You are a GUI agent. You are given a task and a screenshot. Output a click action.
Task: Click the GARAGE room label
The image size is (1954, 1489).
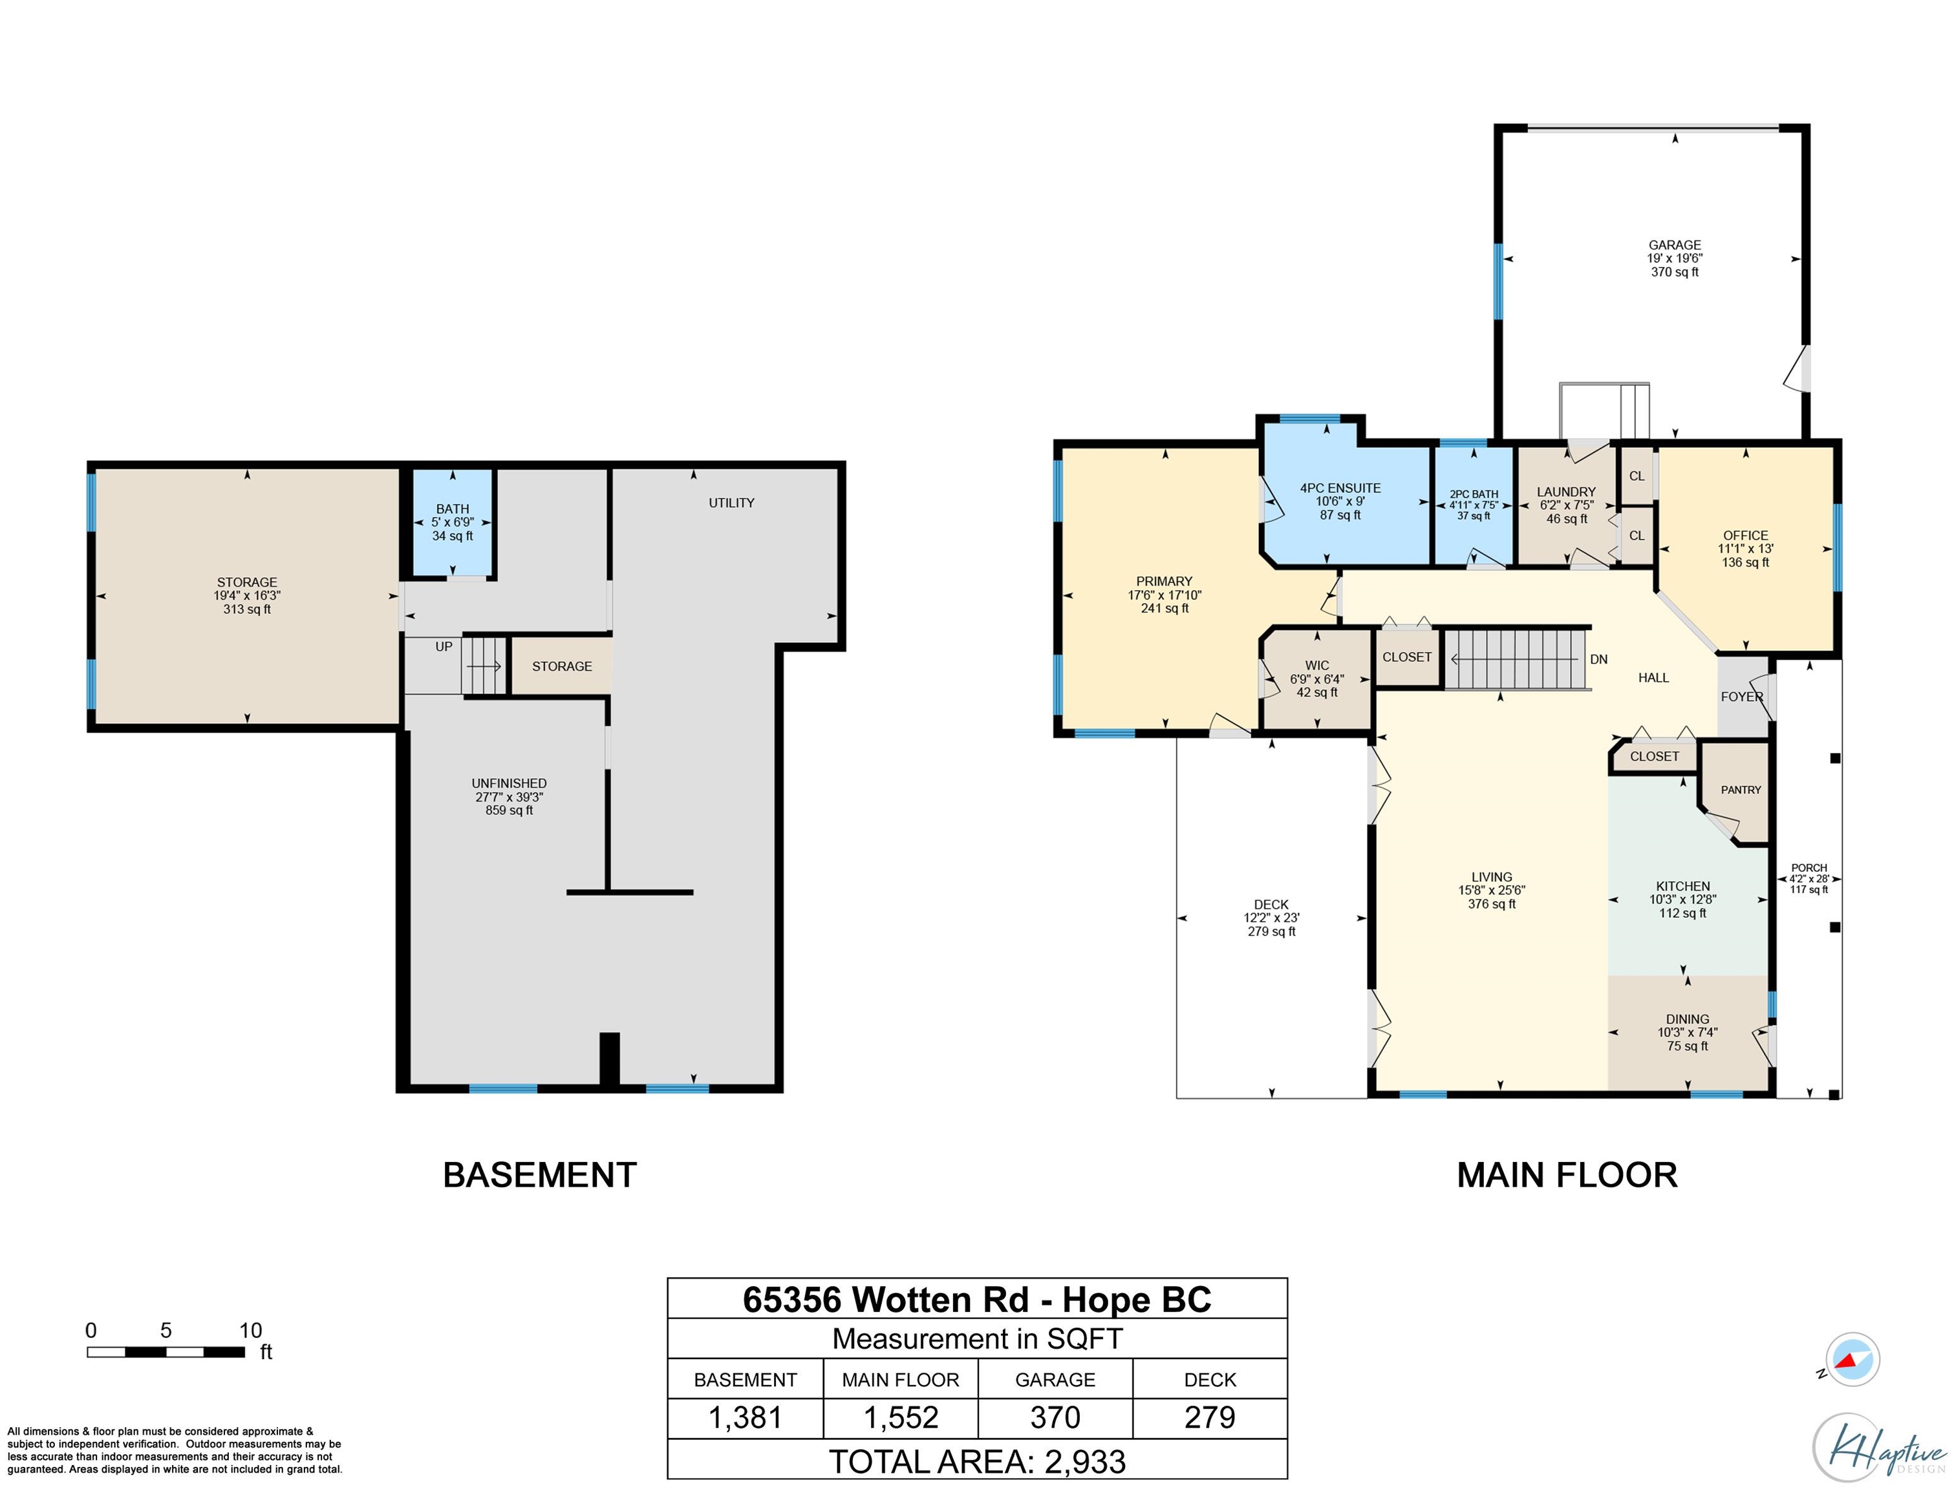coord(1674,245)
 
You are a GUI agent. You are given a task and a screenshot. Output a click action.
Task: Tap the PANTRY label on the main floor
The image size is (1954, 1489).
coord(1741,790)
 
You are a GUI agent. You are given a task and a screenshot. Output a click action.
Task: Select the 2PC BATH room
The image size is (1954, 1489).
coord(1474,505)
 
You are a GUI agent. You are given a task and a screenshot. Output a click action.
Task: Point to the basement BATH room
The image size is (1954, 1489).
coord(452,523)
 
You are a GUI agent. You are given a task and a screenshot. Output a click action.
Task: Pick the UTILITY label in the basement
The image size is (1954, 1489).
coord(731,503)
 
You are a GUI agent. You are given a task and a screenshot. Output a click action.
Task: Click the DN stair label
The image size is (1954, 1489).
coord(1598,659)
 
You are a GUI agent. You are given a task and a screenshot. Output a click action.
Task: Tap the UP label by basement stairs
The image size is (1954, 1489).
coord(444,646)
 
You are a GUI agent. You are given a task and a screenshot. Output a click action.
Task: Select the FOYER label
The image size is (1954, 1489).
coord(1742,697)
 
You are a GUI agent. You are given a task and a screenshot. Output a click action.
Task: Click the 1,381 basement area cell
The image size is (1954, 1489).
coord(745,1417)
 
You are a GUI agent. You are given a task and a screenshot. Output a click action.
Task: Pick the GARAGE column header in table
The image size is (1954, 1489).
coord(1055,1379)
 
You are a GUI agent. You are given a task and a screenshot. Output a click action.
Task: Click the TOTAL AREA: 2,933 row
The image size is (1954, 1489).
coord(977,1461)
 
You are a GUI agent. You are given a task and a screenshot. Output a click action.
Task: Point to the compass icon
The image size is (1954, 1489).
coord(1851,1358)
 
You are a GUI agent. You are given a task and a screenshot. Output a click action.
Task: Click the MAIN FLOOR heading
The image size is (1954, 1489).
coord(1567,1176)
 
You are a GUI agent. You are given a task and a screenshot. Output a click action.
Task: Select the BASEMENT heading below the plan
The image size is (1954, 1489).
coord(540,1176)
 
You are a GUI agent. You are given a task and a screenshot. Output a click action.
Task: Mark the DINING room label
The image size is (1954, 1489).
coord(1687,1019)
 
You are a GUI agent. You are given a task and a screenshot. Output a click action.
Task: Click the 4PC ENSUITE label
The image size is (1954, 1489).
coord(1340,487)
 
